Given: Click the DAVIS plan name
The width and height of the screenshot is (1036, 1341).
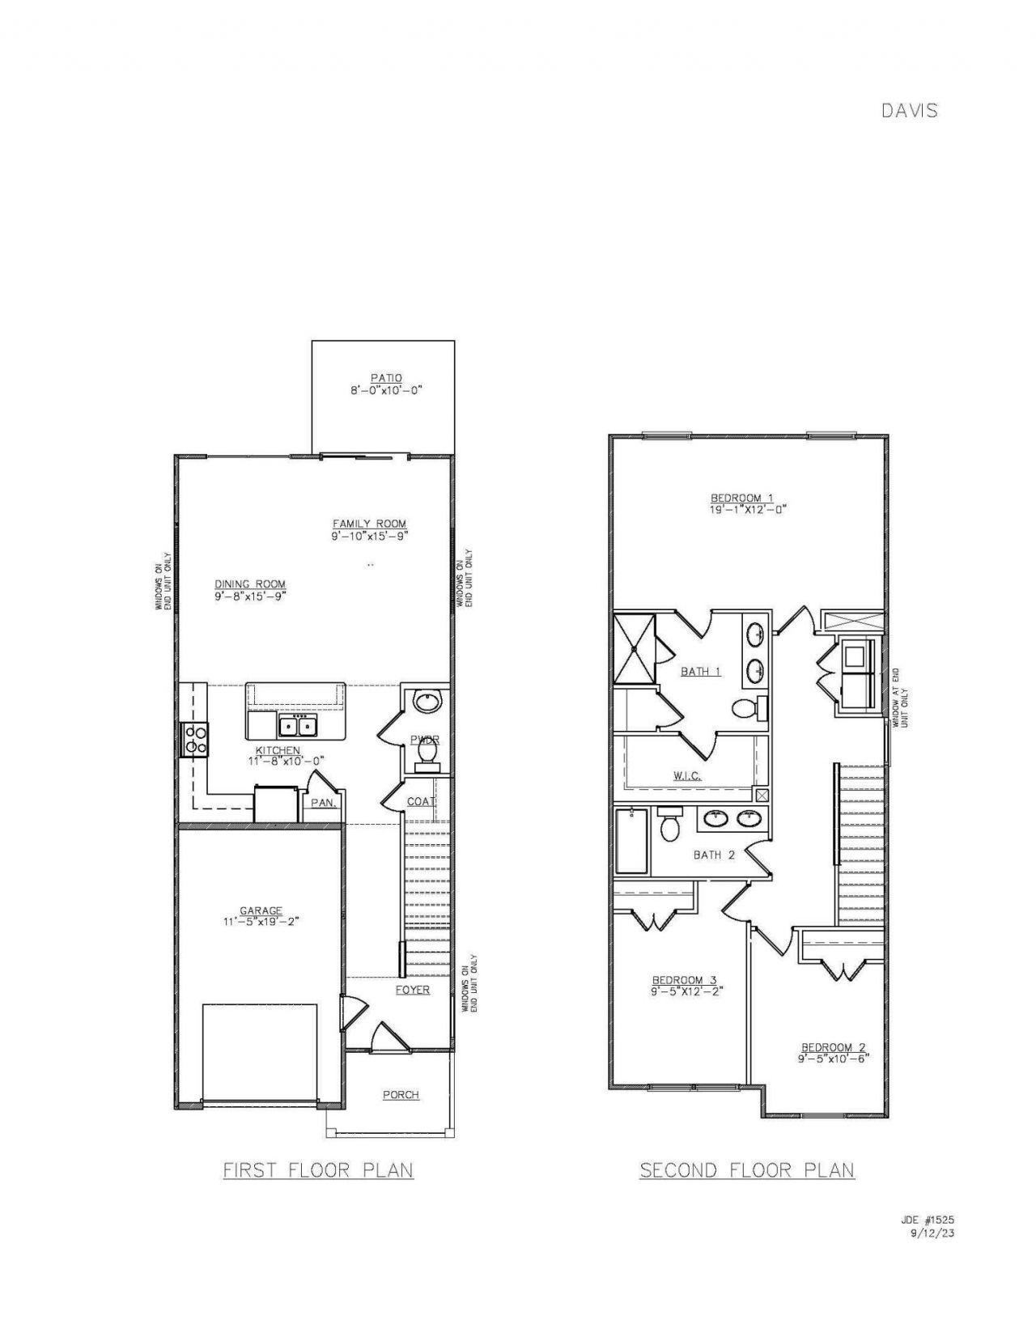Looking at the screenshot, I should (909, 110).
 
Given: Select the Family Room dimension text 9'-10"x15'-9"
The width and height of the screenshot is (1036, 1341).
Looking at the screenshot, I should (369, 536).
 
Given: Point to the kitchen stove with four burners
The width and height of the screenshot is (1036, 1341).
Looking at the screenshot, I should (196, 738).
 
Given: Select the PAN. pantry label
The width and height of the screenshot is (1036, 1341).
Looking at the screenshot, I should (323, 803).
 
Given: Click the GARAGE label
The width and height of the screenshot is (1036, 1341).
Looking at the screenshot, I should (261, 910).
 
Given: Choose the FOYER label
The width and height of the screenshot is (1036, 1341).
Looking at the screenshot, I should (412, 990).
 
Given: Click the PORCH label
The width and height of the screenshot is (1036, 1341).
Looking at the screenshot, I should (401, 1095).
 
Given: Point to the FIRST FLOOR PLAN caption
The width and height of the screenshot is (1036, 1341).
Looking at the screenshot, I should (318, 1170).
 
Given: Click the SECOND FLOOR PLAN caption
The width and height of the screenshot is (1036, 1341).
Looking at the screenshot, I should (746, 1170).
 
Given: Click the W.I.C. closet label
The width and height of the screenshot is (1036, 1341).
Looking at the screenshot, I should (686, 775).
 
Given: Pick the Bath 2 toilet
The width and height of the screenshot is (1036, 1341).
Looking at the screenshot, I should (669, 825).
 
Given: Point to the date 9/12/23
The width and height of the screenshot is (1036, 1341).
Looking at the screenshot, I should (933, 1234).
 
